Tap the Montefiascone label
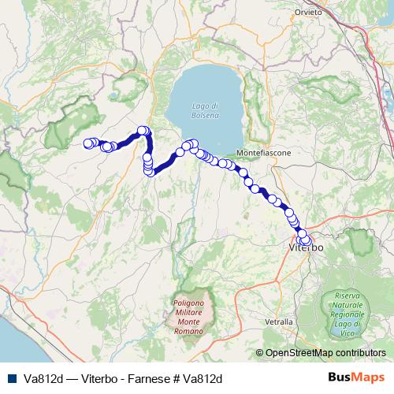click(267, 151)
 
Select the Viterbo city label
click(306, 248)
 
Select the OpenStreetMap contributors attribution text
click(325, 353)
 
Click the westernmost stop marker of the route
click(87, 143)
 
